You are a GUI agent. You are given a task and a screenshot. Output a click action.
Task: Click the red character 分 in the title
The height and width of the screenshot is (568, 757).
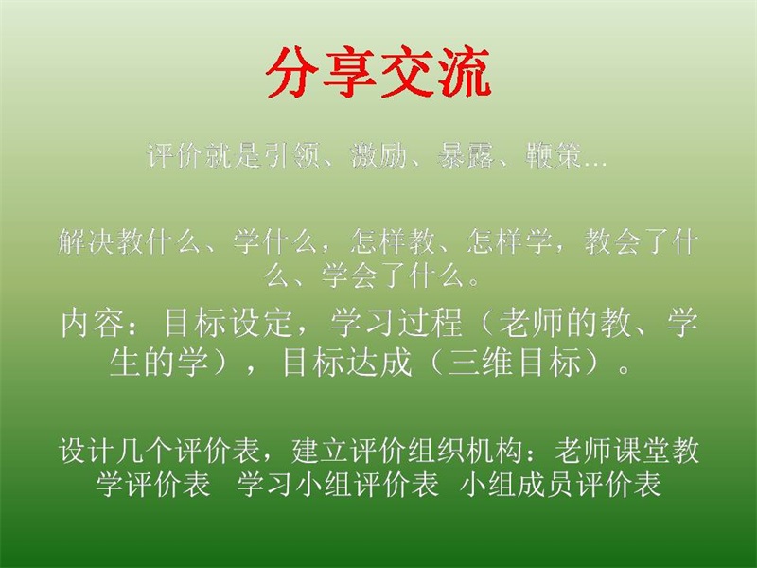pos(292,73)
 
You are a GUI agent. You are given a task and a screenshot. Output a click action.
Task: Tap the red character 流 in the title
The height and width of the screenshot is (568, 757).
pos(465,73)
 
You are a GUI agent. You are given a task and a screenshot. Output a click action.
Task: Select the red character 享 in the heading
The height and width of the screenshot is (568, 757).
pos(349,73)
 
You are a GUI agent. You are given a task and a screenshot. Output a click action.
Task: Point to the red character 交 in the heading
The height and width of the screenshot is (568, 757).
pos(407,73)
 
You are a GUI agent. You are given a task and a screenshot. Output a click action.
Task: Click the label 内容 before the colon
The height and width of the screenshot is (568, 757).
pos(92,323)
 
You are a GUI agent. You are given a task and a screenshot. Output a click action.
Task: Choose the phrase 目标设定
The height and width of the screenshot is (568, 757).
pos(228,323)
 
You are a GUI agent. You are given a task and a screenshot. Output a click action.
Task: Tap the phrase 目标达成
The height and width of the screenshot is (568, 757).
pos(346,363)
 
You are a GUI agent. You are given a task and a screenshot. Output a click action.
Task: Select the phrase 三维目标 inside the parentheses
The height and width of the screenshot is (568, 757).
pos(514,363)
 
